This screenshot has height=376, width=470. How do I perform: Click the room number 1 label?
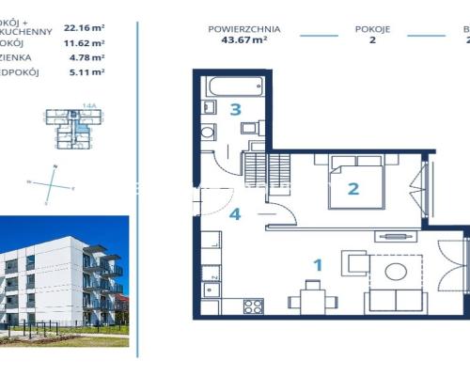pyautogui.click(x=318, y=265)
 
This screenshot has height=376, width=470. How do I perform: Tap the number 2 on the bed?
pyautogui.click(x=353, y=188)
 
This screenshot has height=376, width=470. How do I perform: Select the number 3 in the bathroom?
pyautogui.click(x=235, y=109)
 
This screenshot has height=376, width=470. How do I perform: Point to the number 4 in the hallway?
pyautogui.click(x=235, y=213)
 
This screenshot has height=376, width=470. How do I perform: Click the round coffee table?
pyautogui.click(x=397, y=273)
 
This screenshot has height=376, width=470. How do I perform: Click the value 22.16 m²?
pyautogui.click(x=84, y=29)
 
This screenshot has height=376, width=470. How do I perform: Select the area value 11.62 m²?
pyautogui.click(x=84, y=43)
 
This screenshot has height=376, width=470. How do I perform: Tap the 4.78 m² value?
pyautogui.click(x=84, y=57)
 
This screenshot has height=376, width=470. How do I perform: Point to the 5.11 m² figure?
pyautogui.click(x=84, y=71)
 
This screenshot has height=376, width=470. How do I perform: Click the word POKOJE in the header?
pyautogui.click(x=372, y=29)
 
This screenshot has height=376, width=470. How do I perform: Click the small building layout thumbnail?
pyautogui.click(x=71, y=130)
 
